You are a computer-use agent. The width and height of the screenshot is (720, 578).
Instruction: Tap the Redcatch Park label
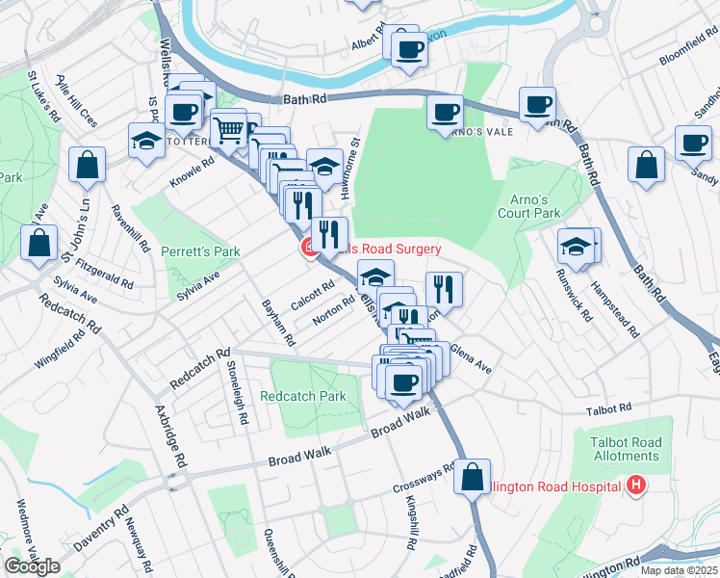tap(302, 396)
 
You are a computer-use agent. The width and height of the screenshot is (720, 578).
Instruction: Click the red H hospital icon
tap(635, 486)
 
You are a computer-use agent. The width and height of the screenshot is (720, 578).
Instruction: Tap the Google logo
tap(32, 566)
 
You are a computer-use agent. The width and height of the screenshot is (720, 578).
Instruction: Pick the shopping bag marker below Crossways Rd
tap(472, 477)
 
